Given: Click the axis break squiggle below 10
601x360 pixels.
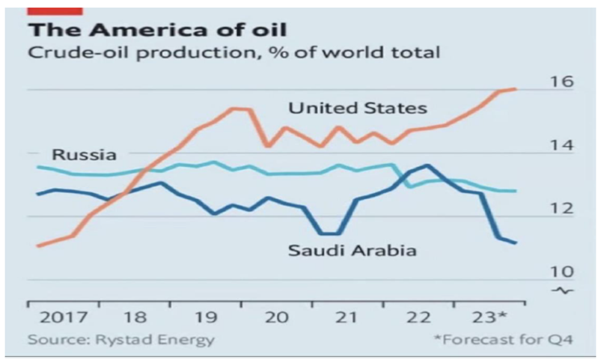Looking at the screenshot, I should click(x=566, y=290).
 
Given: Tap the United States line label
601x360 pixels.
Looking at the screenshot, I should click(x=358, y=109).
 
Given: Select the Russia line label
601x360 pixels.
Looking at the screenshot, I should click(x=84, y=156).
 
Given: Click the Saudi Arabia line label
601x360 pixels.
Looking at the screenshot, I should click(x=352, y=251).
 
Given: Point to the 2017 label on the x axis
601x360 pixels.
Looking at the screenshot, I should click(x=58, y=317).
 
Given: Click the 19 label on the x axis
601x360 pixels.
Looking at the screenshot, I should click(x=205, y=317).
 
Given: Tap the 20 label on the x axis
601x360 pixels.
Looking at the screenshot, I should click(x=277, y=317).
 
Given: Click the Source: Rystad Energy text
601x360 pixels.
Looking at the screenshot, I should click(x=120, y=340).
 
